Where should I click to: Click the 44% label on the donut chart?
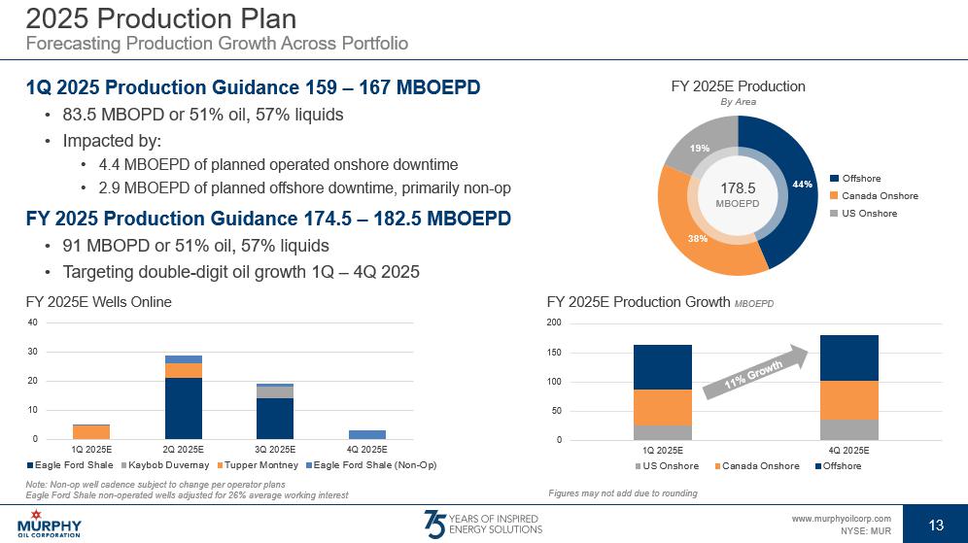(x=803, y=185)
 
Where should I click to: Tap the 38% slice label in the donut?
(x=699, y=238)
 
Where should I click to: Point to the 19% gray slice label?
(x=700, y=149)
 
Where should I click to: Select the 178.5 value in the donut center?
(x=738, y=187)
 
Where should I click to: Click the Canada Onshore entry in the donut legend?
(x=880, y=196)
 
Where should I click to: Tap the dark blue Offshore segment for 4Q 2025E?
(x=849, y=357)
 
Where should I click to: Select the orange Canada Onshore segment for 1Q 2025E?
(x=663, y=407)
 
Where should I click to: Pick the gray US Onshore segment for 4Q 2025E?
(x=849, y=429)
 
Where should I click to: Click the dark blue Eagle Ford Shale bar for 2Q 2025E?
(x=183, y=408)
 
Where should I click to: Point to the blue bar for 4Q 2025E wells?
(x=367, y=434)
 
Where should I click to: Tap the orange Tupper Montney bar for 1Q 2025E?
(x=91, y=432)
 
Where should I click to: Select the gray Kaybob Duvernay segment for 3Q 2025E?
(x=275, y=392)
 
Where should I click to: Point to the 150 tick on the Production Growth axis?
(x=554, y=353)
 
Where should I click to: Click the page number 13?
(x=936, y=526)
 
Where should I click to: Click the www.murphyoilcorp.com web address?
(x=841, y=520)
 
